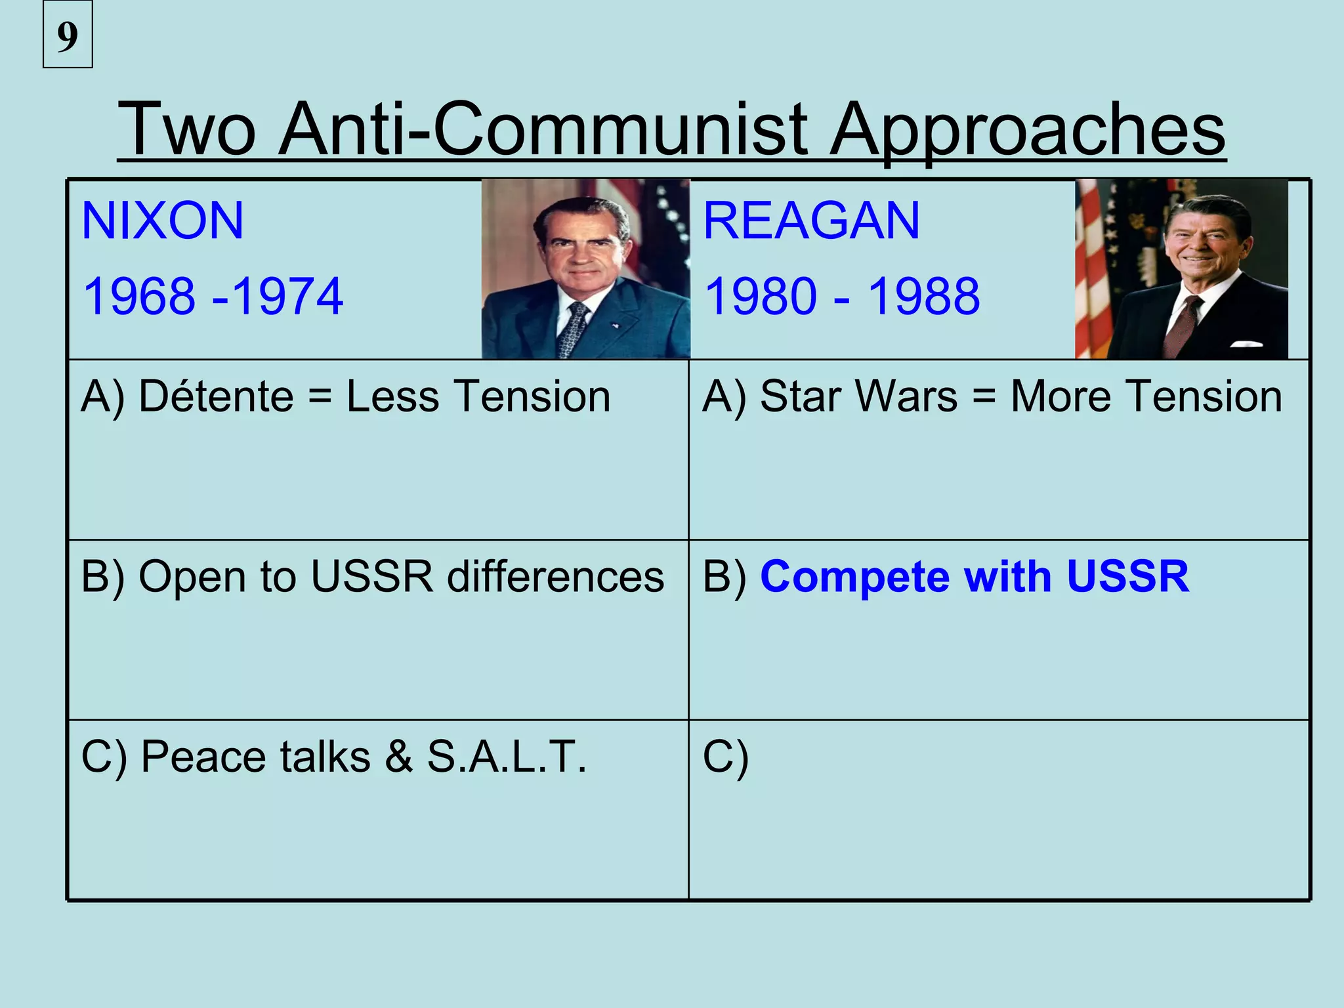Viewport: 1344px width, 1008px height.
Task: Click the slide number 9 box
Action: [68, 35]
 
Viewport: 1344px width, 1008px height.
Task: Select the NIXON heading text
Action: [163, 220]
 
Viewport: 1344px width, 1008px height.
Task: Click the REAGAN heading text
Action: [811, 220]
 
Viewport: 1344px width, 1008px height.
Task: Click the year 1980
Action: [761, 297]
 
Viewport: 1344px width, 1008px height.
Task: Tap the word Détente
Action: [217, 396]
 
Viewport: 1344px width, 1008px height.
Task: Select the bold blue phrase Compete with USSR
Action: [975, 577]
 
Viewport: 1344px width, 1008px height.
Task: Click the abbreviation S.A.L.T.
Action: [507, 757]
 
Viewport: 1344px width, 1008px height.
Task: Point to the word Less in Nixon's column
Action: [392, 396]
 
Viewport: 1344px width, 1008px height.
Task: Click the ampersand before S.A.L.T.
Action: [398, 757]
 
